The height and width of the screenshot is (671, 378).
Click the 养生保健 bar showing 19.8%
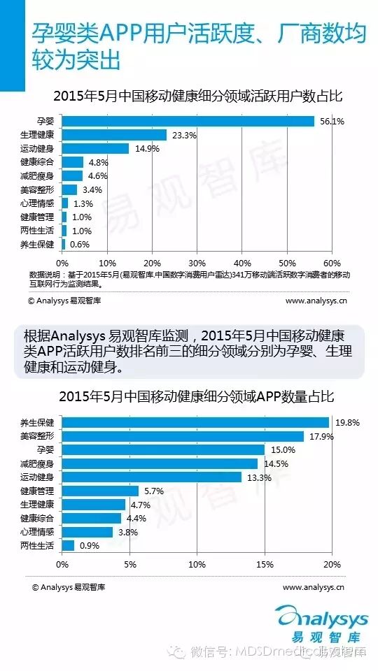[x=195, y=422]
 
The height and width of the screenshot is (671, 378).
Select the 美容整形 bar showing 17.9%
[x=183, y=436]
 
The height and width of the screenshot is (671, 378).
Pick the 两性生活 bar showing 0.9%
[x=68, y=545]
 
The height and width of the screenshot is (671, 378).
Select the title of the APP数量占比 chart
[x=189, y=396]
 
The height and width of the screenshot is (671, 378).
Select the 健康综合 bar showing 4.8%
[x=73, y=162]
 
